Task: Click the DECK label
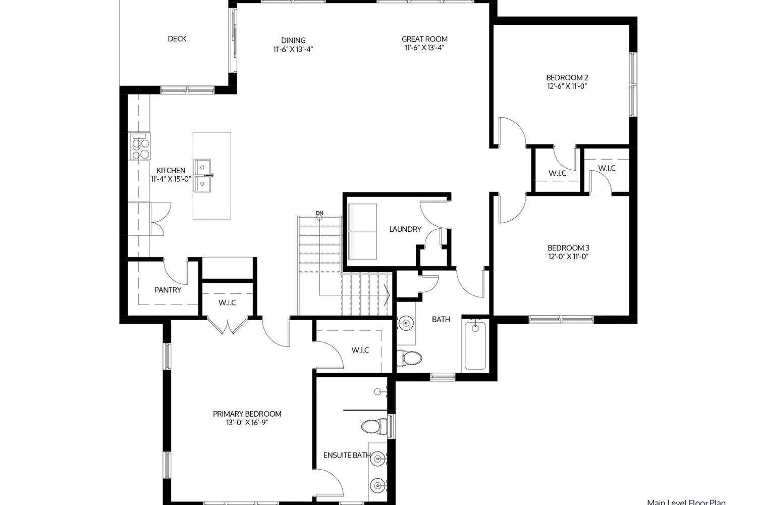[x=177, y=39]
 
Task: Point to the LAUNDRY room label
[x=405, y=229]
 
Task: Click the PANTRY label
[x=168, y=290]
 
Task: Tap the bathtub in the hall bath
[x=474, y=345]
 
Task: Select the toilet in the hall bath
[x=409, y=358]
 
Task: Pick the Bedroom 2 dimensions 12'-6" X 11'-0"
[x=567, y=86]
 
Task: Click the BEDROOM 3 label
[x=568, y=248]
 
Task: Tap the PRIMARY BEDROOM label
[x=247, y=414]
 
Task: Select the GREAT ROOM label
[x=424, y=39]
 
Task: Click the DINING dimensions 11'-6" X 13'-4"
[x=293, y=49]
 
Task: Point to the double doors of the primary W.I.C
[x=230, y=325]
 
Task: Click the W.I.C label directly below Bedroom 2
[x=557, y=173]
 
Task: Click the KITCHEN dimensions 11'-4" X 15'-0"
[x=171, y=179]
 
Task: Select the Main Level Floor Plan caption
[x=686, y=502]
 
